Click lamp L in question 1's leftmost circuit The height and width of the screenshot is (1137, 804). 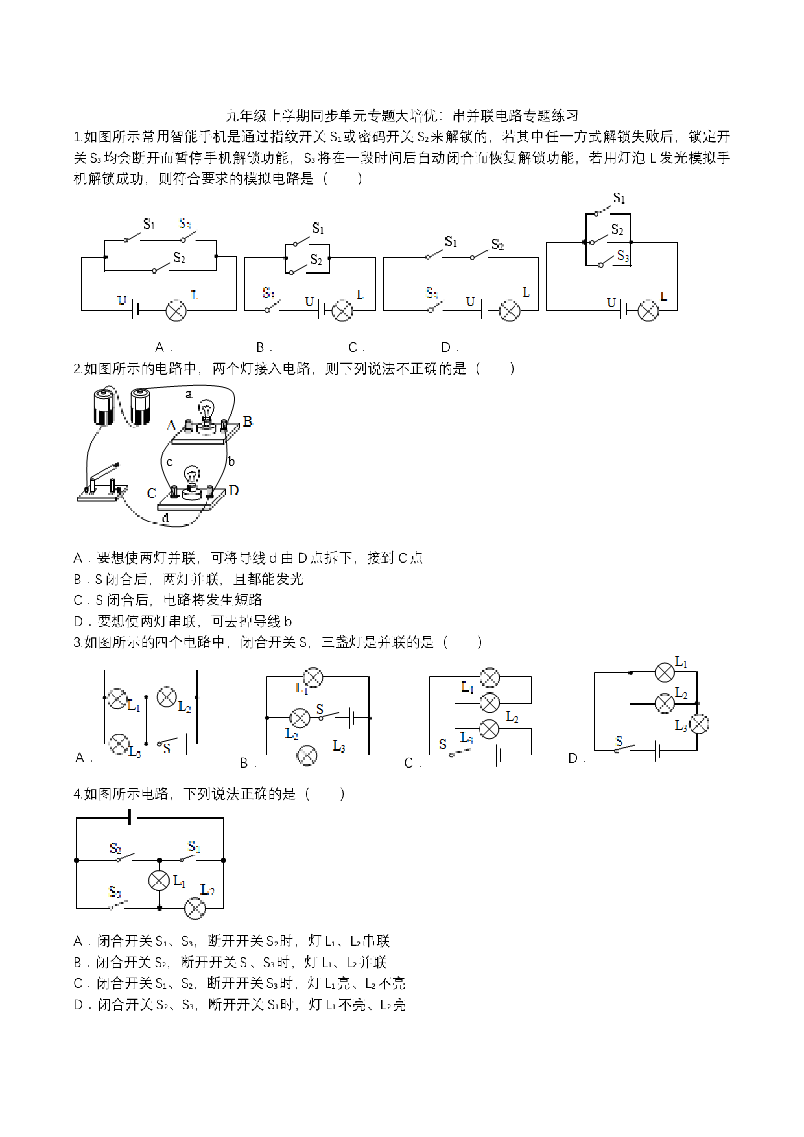coord(176,311)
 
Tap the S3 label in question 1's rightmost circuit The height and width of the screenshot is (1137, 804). coord(623,256)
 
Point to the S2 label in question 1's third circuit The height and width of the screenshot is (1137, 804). coord(497,244)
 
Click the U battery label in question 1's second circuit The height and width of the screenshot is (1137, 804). coord(309,301)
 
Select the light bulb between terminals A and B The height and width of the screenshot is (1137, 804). coord(206,416)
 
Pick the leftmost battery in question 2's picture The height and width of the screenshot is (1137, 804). coord(104,406)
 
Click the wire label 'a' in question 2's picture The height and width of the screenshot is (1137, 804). coord(189,393)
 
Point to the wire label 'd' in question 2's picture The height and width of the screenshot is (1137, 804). coord(166,518)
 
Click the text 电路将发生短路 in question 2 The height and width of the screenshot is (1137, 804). coord(213,600)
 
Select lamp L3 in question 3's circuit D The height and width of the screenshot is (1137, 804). coord(699,724)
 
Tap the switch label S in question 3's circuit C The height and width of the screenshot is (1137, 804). coord(443,744)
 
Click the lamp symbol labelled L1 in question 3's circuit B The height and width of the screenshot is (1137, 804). coord(313,677)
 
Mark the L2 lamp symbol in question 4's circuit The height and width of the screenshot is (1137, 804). coord(195,908)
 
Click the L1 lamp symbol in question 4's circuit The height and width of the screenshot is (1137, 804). coord(159,880)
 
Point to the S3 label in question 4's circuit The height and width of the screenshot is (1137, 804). coord(115,892)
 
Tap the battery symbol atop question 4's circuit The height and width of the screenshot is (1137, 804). coord(133,817)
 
